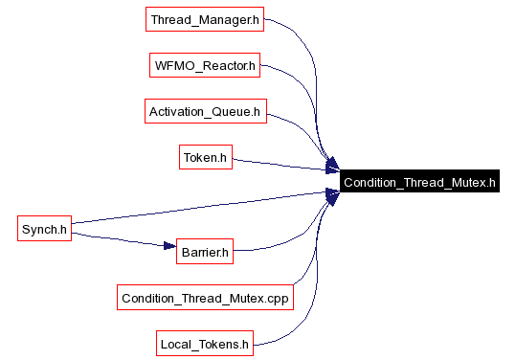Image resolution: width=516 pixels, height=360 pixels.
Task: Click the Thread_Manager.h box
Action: pyautogui.click(x=205, y=19)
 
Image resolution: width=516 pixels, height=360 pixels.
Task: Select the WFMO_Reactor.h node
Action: pyautogui.click(x=205, y=65)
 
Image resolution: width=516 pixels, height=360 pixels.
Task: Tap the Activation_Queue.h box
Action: pyautogui.click(x=206, y=111)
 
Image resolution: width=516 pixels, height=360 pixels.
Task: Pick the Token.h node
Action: pyautogui.click(x=206, y=157)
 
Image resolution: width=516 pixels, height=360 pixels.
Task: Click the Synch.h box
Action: pyautogui.click(x=44, y=229)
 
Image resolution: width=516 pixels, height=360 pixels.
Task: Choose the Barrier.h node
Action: pyautogui.click(x=205, y=252)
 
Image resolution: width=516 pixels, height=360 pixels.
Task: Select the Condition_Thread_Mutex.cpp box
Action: pyautogui.click(x=205, y=298)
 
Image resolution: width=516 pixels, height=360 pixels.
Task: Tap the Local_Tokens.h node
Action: pyautogui.click(x=205, y=344)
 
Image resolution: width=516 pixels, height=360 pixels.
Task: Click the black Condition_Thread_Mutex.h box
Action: pyautogui.click(x=419, y=181)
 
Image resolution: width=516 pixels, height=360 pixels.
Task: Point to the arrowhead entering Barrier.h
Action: pyautogui.click(x=169, y=246)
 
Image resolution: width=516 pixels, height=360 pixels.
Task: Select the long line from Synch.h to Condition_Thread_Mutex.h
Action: pyautogui.click(x=205, y=208)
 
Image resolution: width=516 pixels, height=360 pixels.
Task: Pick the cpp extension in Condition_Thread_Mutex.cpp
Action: pyautogui.click(x=278, y=300)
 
